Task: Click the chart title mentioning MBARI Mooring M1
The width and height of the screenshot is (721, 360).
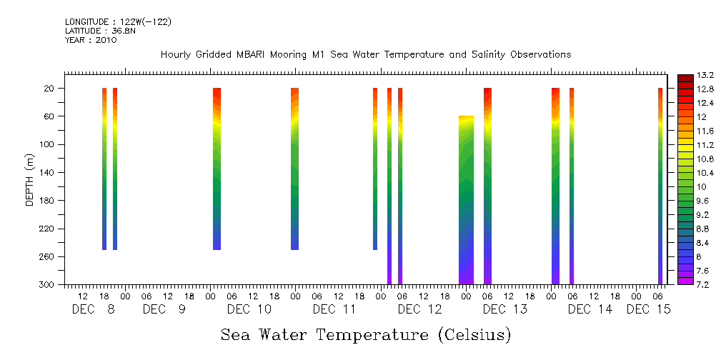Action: pyautogui.click(x=365, y=55)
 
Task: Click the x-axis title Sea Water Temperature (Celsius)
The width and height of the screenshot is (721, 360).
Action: pyautogui.click(x=366, y=334)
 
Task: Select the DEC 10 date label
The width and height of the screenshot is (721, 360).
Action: pyautogui.click(x=249, y=309)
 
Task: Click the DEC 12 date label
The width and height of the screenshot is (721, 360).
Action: pyautogui.click(x=419, y=309)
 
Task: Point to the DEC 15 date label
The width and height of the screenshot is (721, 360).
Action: pyautogui.click(x=649, y=309)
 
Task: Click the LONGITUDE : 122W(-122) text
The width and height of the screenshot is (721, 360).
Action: pyautogui.click(x=118, y=22)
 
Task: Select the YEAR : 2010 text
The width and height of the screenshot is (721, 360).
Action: pyautogui.click(x=91, y=40)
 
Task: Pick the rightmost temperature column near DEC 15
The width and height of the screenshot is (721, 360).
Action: pyautogui.click(x=660, y=186)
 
